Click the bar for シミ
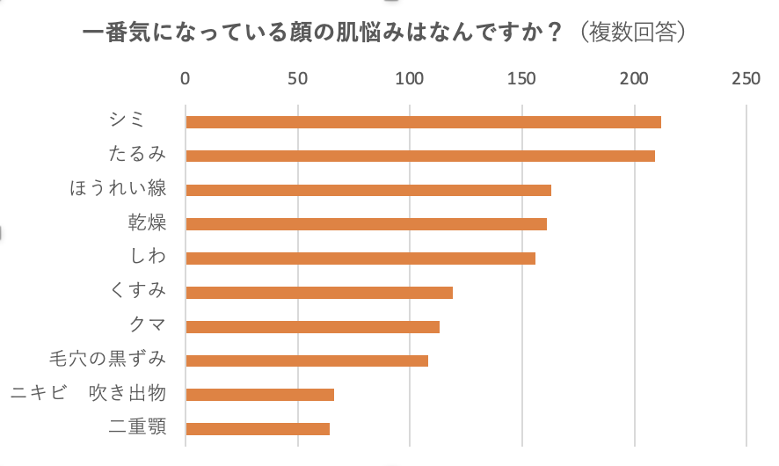tap(423, 122)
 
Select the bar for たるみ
tap(420, 157)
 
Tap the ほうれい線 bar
tap(368, 190)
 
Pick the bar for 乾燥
tap(366, 224)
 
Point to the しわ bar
tap(360, 258)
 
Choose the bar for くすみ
tap(319, 293)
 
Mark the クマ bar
tap(312, 327)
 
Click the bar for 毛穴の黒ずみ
tap(307, 360)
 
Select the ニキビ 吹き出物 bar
tap(259, 395)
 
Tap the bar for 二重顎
tap(258, 429)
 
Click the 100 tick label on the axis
tap(410, 79)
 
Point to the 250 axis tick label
tap(746, 79)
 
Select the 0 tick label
tap(186, 79)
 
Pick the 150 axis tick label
tap(522, 79)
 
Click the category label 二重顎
tap(137, 428)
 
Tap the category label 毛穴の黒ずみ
tap(108, 360)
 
